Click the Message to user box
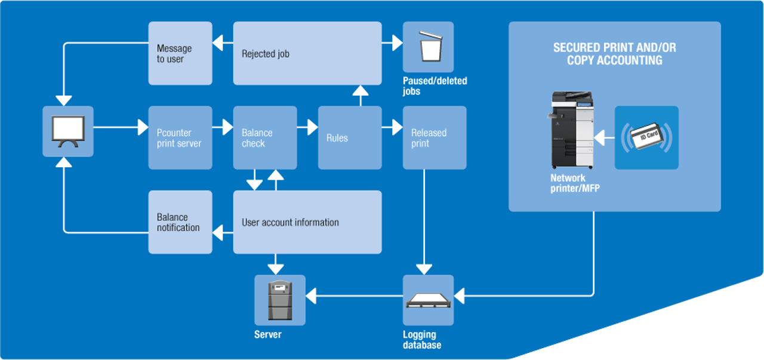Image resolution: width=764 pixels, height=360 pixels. pyautogui.click(x=180, y=53)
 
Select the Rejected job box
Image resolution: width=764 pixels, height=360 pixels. pyautogui.click(x=307, y=53)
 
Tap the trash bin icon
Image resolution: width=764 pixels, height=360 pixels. pyautogui.click(x=428, y=47)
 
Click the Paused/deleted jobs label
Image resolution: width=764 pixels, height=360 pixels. pyautogui.click(x=435, y=86)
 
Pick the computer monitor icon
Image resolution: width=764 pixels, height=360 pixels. pyautogui.click(x=68, y=131)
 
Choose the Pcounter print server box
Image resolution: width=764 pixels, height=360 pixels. pyautogui.click(x=180, y=138)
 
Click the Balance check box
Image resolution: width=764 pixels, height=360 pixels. pyautogui.click(x=265, y=138)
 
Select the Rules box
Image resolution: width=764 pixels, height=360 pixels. pyautogui.click(x=350, y=138)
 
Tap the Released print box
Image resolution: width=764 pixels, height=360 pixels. pyautogui.click(x=435, y=138)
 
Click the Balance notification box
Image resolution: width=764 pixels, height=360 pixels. pyautogui.click(x=180, y=222)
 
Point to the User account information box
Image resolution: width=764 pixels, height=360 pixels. pyautogui.click(x=307, y=222)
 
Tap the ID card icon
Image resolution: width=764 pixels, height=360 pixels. pyautogui.click(x=646, y=138)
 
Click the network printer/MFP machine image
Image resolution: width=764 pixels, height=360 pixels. pyautogui.click(x=572, y=130)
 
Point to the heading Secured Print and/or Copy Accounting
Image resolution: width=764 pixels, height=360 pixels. pyautogui.click(x=615, y=54)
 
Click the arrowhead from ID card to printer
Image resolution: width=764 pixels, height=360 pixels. pyautogui.click(x=599, y=139)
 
